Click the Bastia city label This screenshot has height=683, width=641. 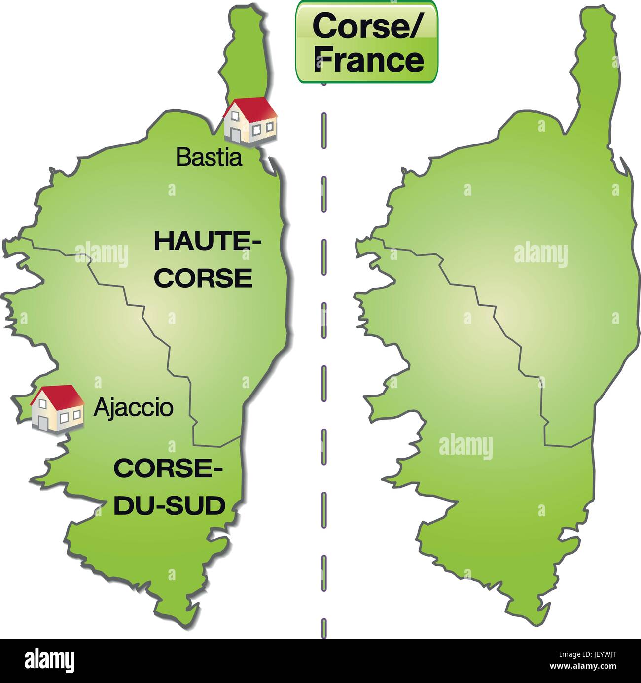point(209,158)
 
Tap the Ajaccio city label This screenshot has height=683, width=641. point(133,408)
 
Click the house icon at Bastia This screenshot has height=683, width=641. point(250,121)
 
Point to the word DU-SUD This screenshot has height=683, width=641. point(169,506)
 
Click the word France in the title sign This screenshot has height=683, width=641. point(368,60)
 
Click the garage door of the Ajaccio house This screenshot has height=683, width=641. point(42,420)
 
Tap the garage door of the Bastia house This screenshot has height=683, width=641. point(235,134)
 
